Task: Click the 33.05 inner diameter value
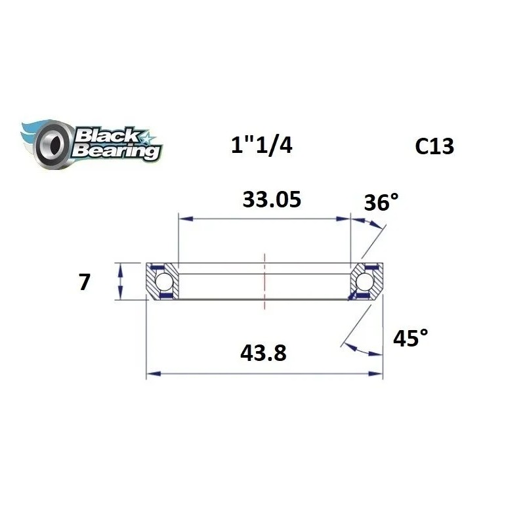coord(272,198)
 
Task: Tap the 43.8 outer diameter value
coord(263,354)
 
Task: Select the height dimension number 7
coord(83,282)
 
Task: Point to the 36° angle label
coord(381,203)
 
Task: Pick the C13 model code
coord(434,146)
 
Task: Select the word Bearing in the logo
coord(117,151)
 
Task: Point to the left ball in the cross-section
coord(164,282)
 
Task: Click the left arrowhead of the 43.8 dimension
coord(150,374)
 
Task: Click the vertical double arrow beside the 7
coord(119,282)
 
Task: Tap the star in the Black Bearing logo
coord(146,138)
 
